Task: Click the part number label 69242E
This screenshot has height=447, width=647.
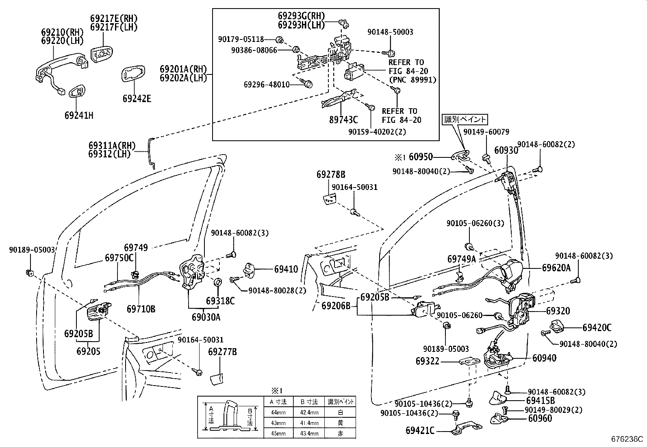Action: tap(137, 99)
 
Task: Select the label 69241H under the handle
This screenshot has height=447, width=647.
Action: tap(79, 116)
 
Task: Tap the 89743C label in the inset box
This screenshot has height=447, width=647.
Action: tap(343, 120)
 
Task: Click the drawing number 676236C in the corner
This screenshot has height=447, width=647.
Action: tap(627, 439)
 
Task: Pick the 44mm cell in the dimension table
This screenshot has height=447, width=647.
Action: tap(278, 412)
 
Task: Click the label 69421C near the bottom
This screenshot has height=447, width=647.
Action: tap(420, 430)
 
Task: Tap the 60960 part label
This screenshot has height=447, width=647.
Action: tap(540, 418)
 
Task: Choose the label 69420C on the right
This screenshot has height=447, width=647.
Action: tap(597, 327)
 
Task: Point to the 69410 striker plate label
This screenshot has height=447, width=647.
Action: tap(286, 269)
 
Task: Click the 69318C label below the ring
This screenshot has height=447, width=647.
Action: tap(220, 301)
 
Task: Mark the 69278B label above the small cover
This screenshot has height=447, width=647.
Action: tap(331, 174)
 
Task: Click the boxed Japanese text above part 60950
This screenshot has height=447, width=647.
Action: tap(465, 120)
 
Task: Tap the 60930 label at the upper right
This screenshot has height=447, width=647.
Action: tap(506, 150)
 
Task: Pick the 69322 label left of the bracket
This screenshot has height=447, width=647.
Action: tap(428, 361)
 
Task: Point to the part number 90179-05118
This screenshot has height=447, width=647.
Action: tap(241, 39)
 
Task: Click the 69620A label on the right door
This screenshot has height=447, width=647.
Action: tap(556, 268)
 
